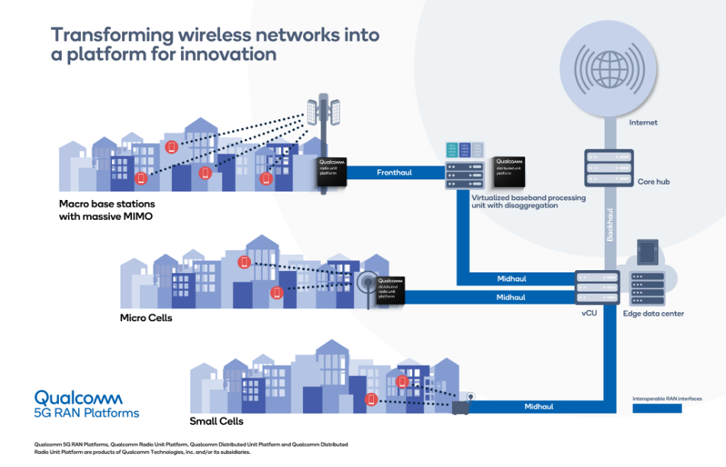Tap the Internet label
(643, 122)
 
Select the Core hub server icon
(609, 168)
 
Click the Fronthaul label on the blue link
(394, 172)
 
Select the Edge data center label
(653, 314)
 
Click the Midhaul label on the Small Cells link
(540, 407)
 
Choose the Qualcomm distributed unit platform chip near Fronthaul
(508, 172)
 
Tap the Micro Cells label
(146, 317)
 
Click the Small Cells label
(216, 421)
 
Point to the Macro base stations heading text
(106, 204)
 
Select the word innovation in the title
(231, 55)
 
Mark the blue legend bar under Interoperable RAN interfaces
(657, 408)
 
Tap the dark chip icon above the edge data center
(646, 252)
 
